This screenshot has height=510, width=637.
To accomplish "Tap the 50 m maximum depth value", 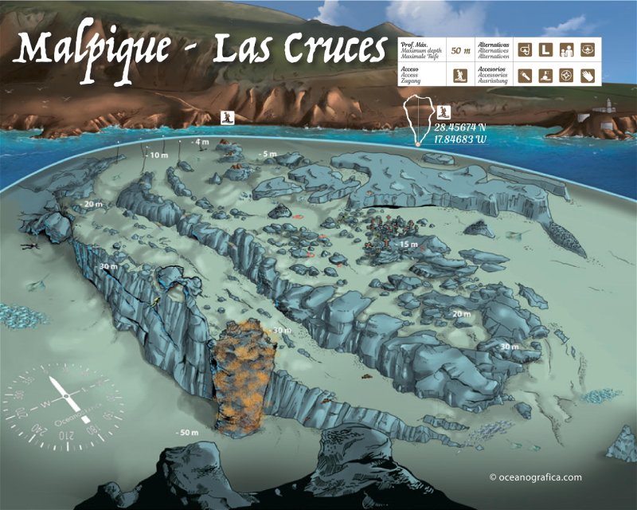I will (459, 50).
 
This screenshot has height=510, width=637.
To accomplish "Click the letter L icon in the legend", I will (546, 49).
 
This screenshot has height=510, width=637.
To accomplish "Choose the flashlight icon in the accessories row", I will (526, 76).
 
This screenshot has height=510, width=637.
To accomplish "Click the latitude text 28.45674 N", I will (460, 127).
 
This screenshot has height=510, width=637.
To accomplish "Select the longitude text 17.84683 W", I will (460, 139).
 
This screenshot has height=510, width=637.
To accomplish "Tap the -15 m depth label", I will (407, 243).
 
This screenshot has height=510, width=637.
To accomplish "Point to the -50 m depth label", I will (187, 431).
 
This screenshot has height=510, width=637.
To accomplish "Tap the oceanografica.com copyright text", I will (536, 477).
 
